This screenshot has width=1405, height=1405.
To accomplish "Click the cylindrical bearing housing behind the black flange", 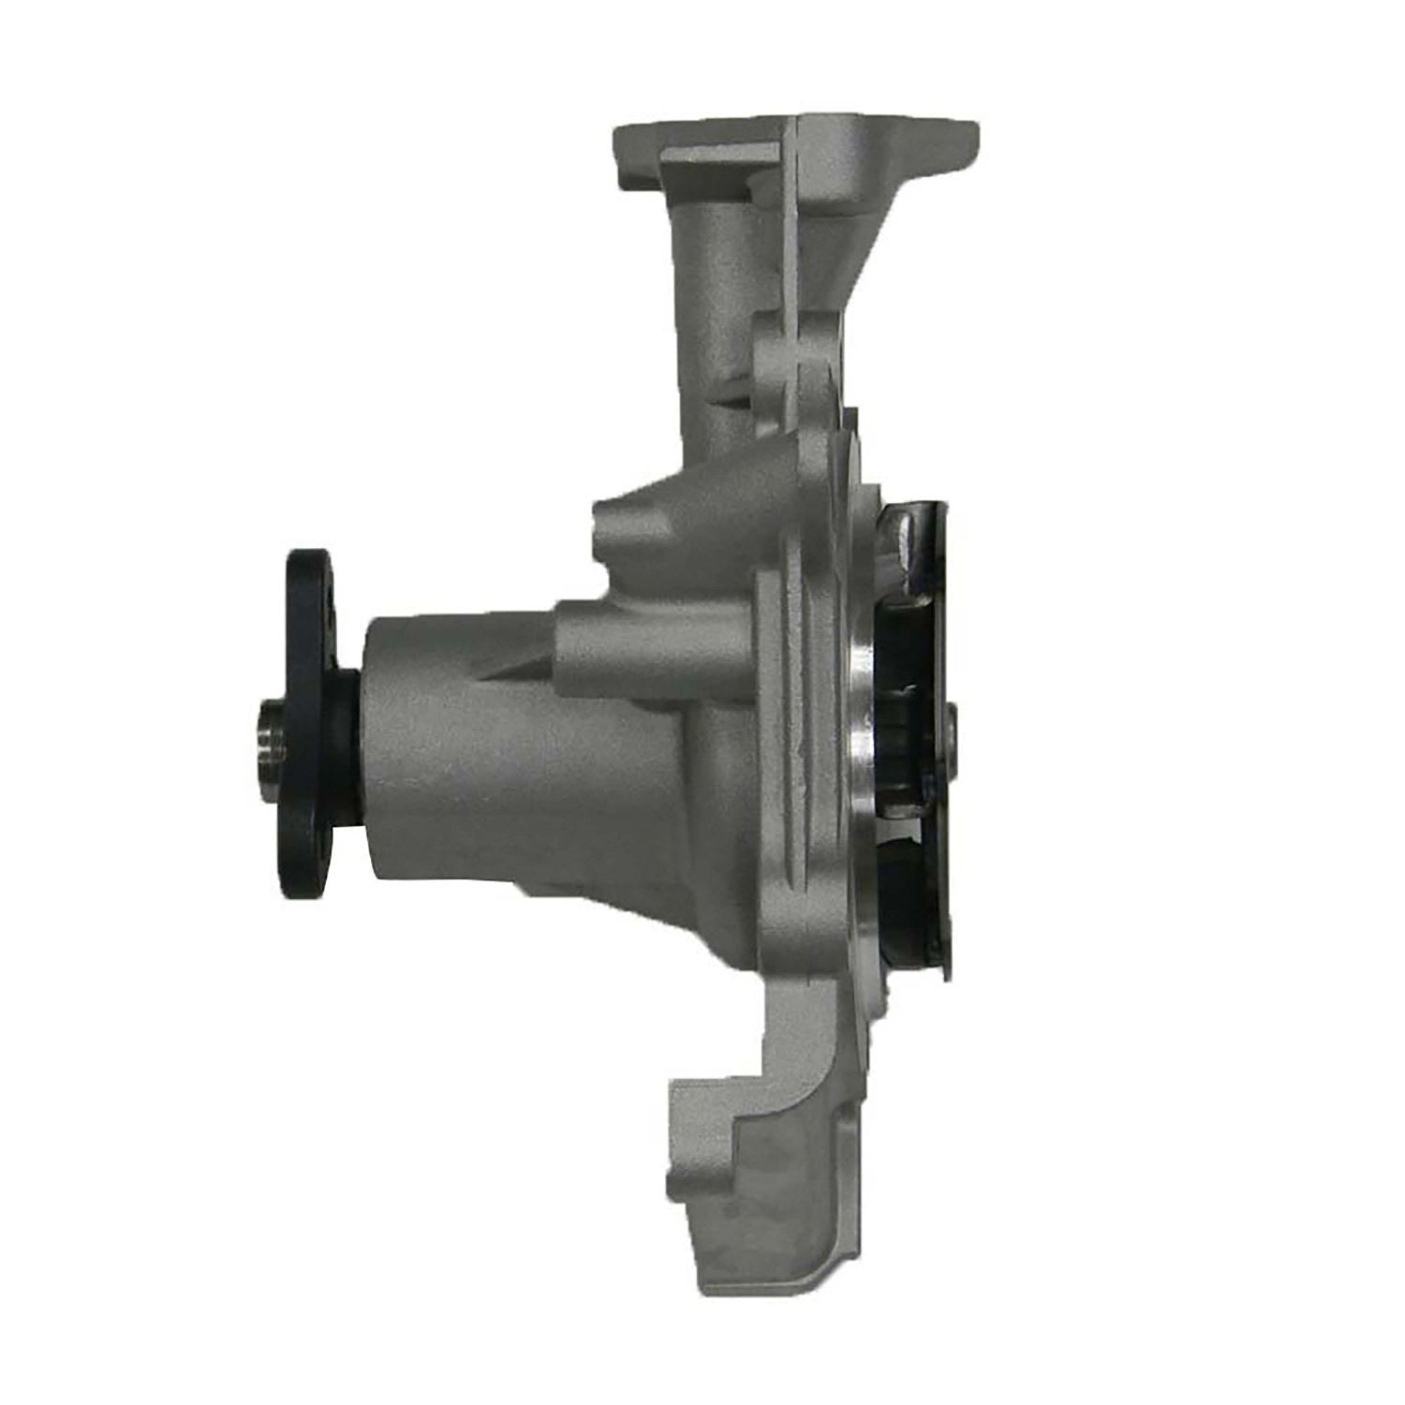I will [440, 749].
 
